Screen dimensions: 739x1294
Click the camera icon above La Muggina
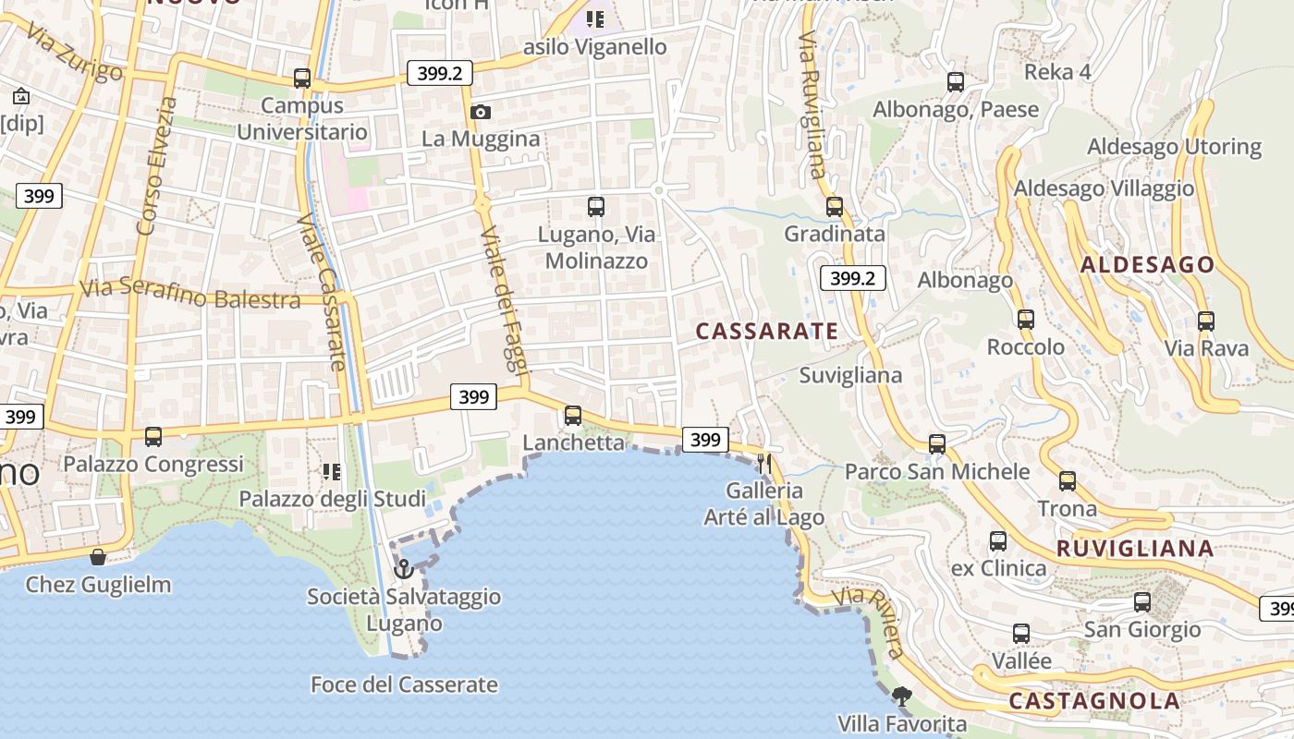(481, 113)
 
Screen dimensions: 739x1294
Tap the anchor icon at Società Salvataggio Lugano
(403, 568)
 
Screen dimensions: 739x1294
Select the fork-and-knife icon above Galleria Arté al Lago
(764, 463)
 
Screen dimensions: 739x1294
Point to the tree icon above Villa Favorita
(902, 696)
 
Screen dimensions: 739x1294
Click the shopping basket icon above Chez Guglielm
(98, 557)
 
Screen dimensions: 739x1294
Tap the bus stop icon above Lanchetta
(573, 416)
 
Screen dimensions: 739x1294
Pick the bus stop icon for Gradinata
(835, 206)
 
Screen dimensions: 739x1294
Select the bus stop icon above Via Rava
(1205, 321)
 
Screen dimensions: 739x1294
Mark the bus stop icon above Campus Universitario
(302, 79)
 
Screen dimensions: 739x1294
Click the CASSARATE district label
(767, 332)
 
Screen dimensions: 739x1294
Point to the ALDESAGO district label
(1147, 265)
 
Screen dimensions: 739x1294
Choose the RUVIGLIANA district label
(1135, 549)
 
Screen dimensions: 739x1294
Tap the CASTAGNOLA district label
(1094, 701)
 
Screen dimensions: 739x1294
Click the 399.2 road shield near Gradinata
(852, 278)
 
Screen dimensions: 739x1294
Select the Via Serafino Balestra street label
(189, 294)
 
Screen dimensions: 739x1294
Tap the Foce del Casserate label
(404, 685)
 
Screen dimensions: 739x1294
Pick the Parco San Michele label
(937, 472)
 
